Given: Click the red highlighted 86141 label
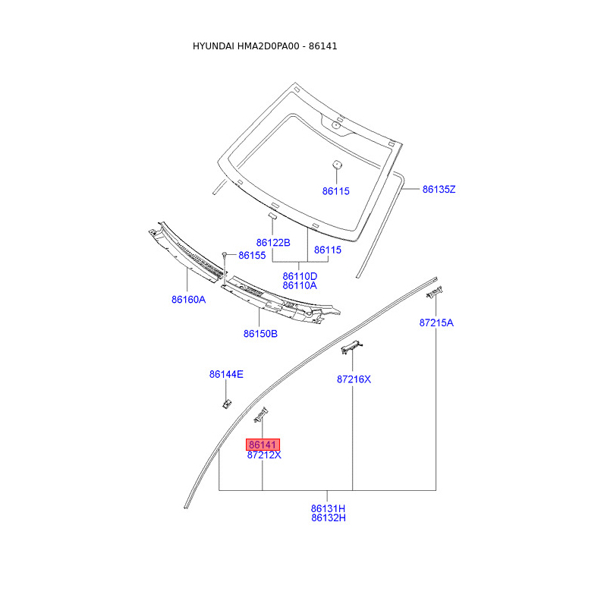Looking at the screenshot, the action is (263, 445).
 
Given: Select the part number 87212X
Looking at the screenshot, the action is (264, 455).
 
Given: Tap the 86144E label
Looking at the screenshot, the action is (226, 374).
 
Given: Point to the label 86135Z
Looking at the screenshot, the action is (439, 189).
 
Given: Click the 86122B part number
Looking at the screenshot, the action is (273, 243).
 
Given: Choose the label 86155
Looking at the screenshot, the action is (252, 256).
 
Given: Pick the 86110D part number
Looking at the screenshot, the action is (300, 276).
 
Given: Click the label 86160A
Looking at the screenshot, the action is (188, 300).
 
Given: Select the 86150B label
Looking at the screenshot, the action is (260, 334).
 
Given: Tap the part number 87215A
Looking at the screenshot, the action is (436, 322).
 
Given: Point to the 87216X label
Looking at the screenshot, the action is (354, 379).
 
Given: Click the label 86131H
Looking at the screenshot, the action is (328, 508).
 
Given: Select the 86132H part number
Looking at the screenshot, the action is (328, 518).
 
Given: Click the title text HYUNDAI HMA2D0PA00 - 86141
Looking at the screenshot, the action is (265, 46).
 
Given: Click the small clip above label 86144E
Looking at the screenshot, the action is (226, 402).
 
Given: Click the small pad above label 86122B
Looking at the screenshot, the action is (273, 216).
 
